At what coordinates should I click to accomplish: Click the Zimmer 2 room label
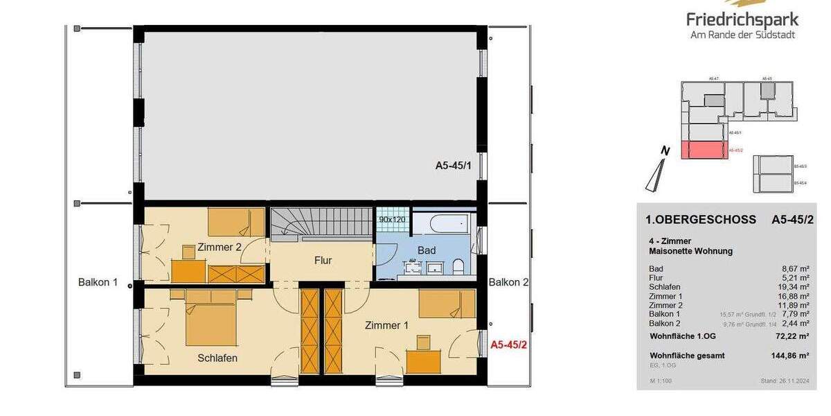click(220, 247)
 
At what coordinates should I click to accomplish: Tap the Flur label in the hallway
click(323, 261)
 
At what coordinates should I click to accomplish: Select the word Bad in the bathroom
click(426, 250)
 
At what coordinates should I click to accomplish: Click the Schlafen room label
click(217, 358)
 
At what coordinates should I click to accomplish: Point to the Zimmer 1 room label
click(386, 325)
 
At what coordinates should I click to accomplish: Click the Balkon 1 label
click(98, 282)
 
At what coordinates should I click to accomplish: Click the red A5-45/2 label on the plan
click(509, 344)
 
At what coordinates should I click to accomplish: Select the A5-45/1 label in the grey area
click(453, 166)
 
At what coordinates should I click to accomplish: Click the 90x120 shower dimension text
click(393, 219)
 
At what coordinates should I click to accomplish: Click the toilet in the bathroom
click(458, 267)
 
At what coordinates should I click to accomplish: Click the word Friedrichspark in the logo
click(742, 19)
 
